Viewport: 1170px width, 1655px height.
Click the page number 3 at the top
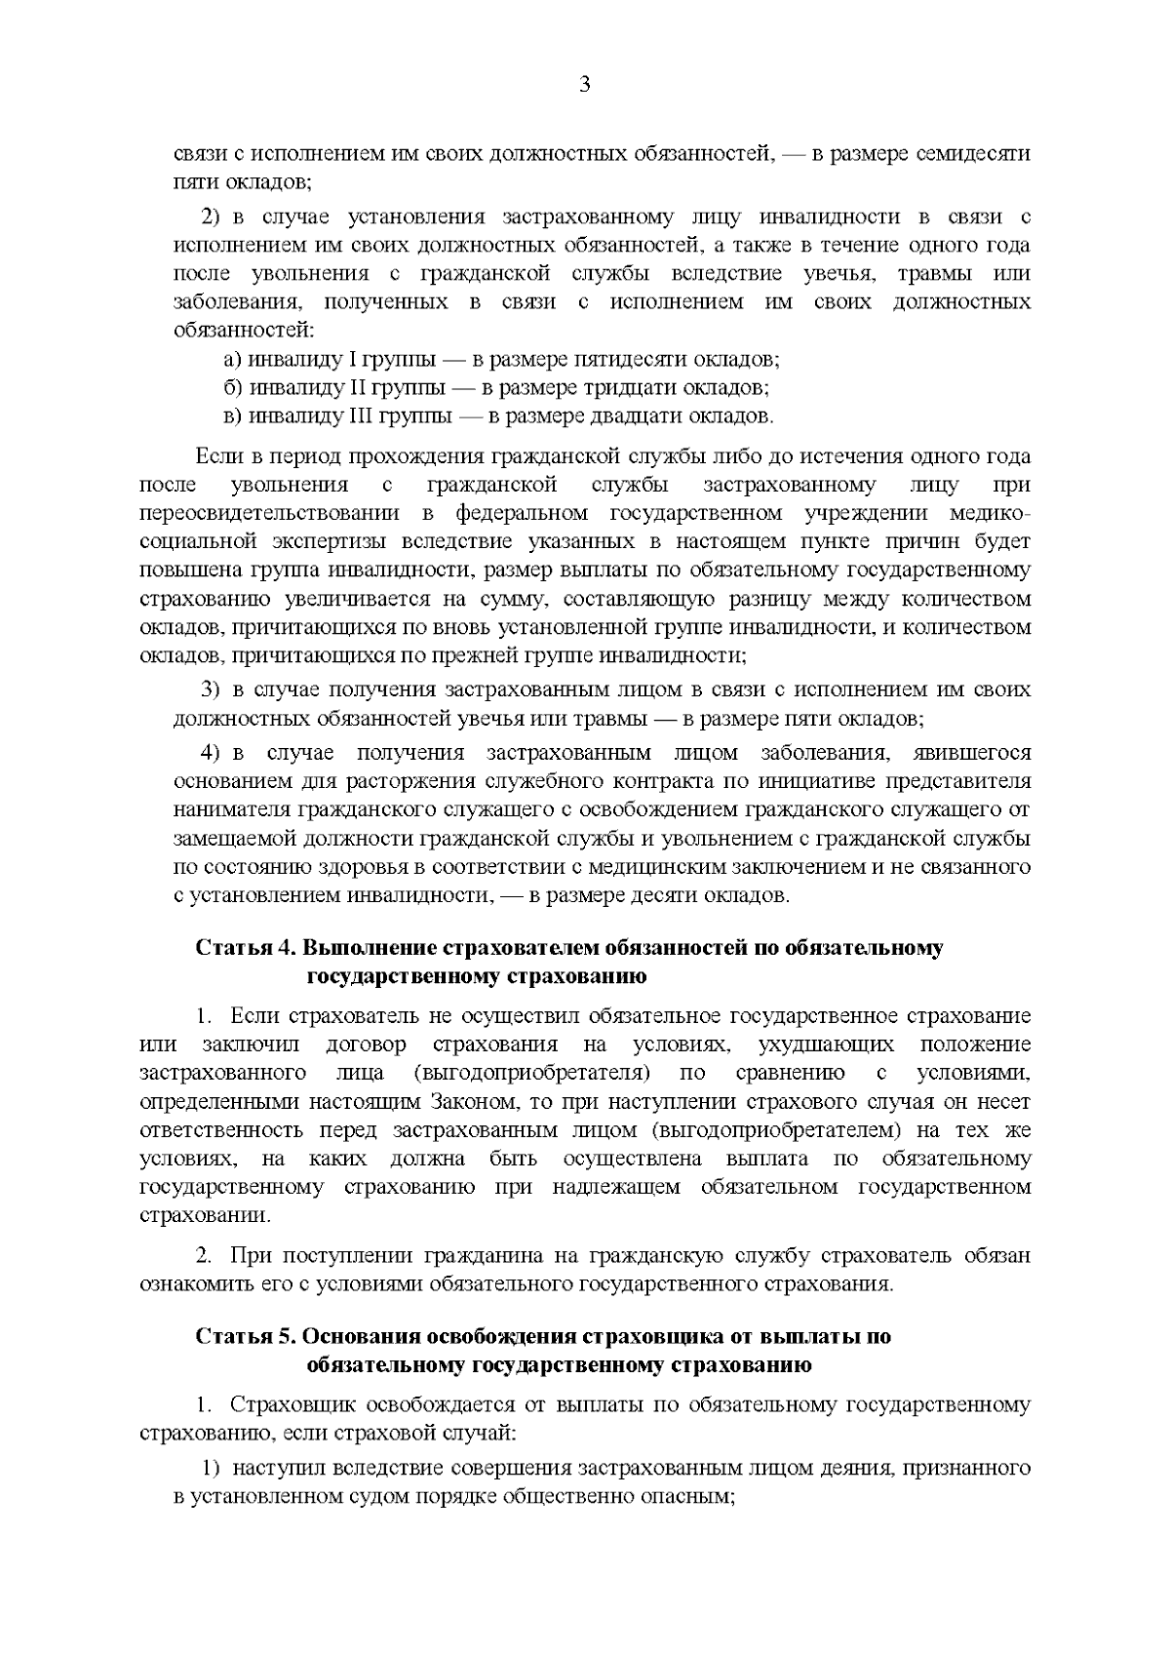click(585, 85)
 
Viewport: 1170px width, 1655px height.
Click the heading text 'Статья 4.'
click(247, 949)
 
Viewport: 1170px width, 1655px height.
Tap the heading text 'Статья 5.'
click(247, 1336)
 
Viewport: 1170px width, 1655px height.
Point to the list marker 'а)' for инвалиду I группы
click(233, 360)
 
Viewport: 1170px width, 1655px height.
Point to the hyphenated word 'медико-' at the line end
click(992, 513)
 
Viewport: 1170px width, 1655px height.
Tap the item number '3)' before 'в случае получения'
click(212, 690)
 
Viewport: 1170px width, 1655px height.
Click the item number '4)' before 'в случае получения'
click(214, 753)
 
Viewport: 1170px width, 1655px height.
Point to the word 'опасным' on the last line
click(694, 1496)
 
